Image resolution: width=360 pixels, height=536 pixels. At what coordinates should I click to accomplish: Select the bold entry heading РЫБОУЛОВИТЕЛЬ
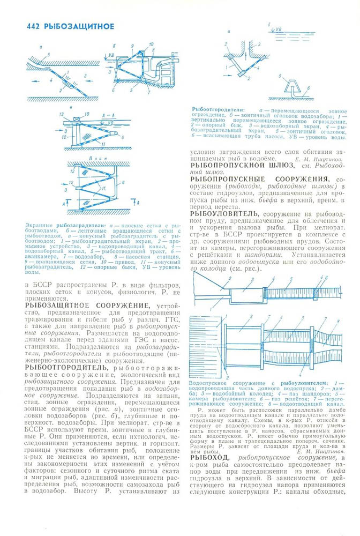(x=222, y=213)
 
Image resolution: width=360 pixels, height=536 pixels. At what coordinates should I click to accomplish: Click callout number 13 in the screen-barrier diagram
(x=63, y=115)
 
